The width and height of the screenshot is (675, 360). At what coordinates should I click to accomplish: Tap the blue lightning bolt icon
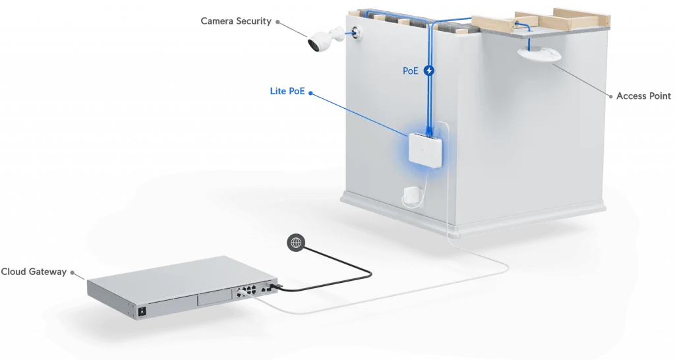[x=430, y=70]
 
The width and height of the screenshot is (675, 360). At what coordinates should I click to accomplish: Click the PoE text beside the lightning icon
[x=411, y=70]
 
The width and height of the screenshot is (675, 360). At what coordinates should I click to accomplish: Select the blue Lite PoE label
[x=287, y=91]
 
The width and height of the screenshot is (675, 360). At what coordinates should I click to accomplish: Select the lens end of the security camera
[x=313, y=44]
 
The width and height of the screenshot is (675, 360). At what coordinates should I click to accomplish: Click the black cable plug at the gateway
[x=282, y=286]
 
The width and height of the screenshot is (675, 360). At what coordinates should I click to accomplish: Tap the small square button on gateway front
[x=140, y=310]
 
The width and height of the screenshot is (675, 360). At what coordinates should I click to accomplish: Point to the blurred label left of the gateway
[x=36, y=271]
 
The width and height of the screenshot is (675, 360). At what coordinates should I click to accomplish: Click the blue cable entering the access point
[x=528, y=29]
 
